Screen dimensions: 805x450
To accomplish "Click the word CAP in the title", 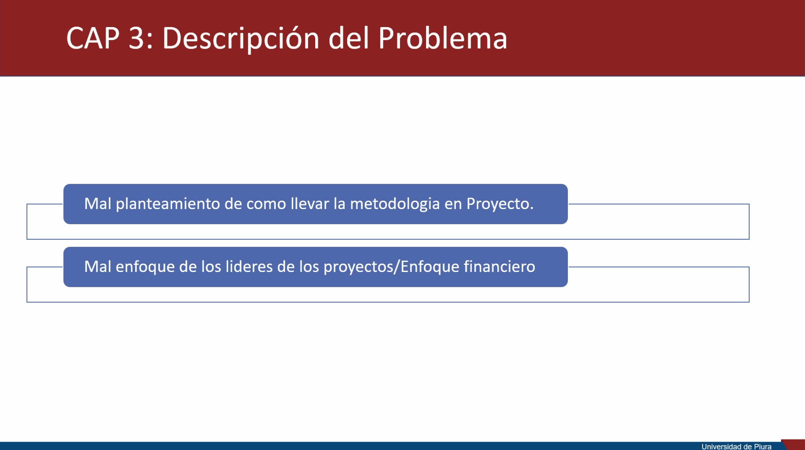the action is [x=93, y=38].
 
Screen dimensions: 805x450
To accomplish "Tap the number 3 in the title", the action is [x=136, y=38].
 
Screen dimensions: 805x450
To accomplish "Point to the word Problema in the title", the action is [x=442, y=38].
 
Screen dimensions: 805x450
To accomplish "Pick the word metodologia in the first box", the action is [x=395, y=204].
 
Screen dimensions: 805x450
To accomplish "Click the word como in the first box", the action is [x=266, y=204].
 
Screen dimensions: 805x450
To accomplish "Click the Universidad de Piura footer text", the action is [x=736, y=446].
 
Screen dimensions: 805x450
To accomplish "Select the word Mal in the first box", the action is [x=98, y=204].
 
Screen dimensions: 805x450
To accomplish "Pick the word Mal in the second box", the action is [x=98, y=266].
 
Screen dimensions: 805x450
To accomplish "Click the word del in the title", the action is [x=349, y=38].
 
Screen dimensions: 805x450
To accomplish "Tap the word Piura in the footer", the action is [x=762, y=446].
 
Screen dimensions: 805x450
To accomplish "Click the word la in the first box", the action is [x=340, y=203].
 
